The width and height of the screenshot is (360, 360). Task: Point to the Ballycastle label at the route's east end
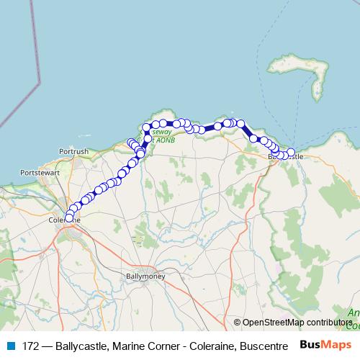285,156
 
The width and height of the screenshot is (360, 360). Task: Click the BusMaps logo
325,345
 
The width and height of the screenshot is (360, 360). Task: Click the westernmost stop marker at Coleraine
69,217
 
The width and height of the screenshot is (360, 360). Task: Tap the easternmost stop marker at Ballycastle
291,152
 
